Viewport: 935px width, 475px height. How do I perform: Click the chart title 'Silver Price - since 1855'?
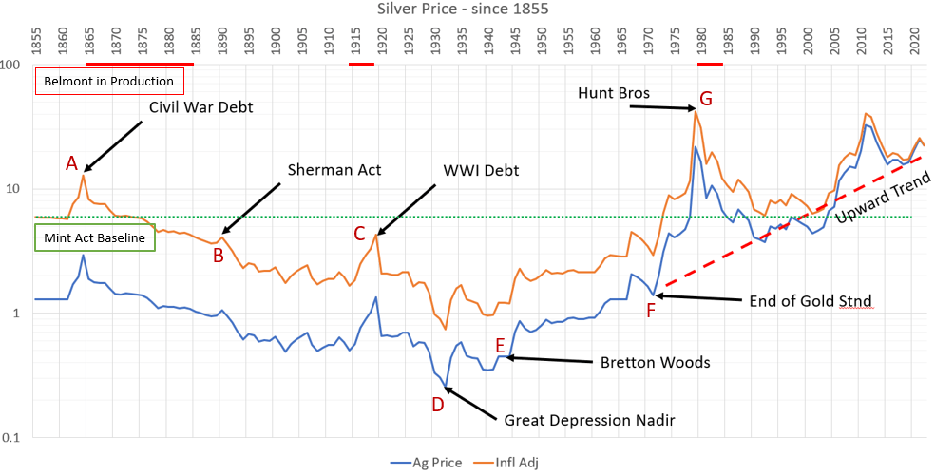[x=463, y=9]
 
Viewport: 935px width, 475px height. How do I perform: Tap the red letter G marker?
[x=705, y=99]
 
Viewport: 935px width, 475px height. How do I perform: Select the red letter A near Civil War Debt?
[x=70, y=163]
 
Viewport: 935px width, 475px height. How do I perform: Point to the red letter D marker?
[x=437, y=404]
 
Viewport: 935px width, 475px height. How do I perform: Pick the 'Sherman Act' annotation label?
[x=334, y=170]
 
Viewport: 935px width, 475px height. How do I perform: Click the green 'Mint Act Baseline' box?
[x=94, y=237]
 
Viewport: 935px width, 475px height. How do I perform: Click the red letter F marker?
[x=651, y=309]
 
